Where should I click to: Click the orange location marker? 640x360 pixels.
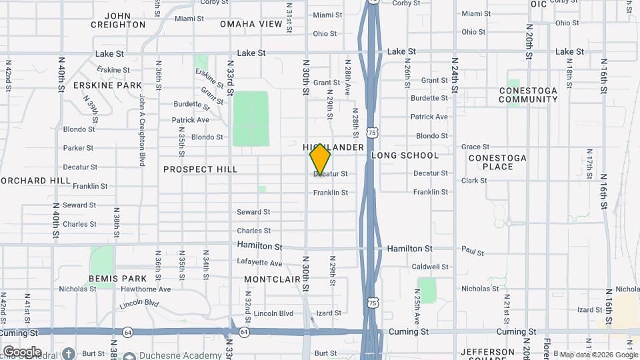pyautogui.click(x=320, y=159)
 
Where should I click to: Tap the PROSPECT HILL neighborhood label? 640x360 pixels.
pyautogui.click(x=200, y=169)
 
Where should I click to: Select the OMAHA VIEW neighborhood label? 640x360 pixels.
pyautogui.click(x=251, y=24)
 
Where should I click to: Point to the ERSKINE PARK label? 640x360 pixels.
pyautogui.click(x=108, y=85)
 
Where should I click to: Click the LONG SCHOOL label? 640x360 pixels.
pyautogui.click(x=405, y=155)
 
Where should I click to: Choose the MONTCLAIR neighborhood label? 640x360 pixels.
pyautogui.click(x=273, y=279)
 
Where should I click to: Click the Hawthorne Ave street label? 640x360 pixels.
pyautogui.click(x=146, y=289)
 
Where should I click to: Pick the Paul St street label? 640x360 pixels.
pyautogui.click(x=472, y=251)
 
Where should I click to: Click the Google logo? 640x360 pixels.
pyautogui.click(x=22, y=351)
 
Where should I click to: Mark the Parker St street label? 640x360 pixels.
pyautogui.click(x=79, y=148)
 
